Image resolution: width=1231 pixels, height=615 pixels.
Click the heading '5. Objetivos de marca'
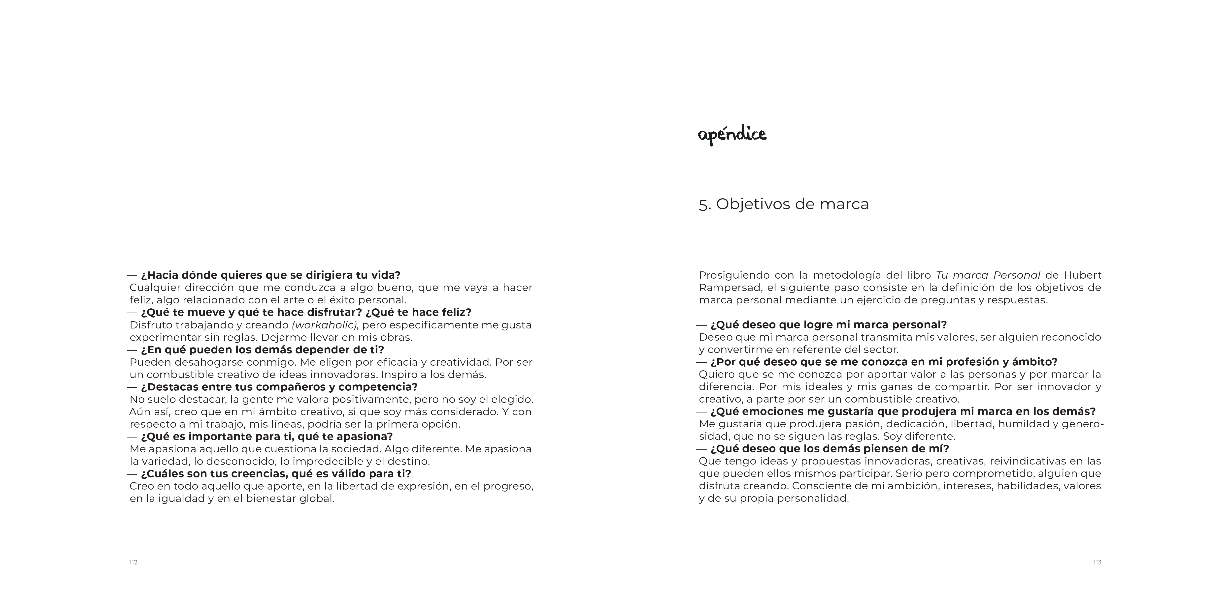point(784,204)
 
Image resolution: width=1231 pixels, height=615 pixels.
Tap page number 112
point(133,562)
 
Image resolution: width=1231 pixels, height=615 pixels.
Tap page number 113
point(1097,562)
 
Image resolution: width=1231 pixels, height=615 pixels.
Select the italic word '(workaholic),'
point(325,325)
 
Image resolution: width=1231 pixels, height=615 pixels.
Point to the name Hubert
point(1082,275)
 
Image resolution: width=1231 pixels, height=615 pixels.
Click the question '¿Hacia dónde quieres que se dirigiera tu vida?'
point(270,275)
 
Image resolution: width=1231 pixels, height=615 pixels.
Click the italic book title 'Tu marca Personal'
point(988,275)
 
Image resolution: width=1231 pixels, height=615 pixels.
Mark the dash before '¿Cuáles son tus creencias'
point(132,474)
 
